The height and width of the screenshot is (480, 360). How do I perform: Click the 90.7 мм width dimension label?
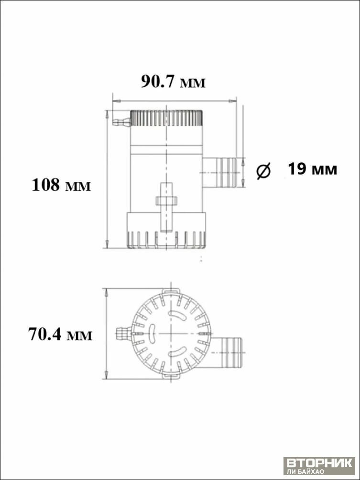[x=173, y=82]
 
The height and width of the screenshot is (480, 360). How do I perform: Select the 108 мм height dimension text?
[x=61, y=185]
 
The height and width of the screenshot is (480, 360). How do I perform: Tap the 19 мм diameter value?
[x=312, y=169]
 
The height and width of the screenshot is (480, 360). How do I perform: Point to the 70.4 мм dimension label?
[x=60, y=334]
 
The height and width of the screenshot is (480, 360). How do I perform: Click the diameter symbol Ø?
[x=263, y=171]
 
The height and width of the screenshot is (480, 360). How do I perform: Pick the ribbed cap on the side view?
[x=167, y=118]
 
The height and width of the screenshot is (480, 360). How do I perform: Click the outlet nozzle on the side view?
[x=219, y=173]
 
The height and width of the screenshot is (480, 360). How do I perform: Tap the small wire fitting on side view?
[x=121, y=122]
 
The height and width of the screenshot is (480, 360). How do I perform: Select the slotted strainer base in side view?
[x=166, y=230]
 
